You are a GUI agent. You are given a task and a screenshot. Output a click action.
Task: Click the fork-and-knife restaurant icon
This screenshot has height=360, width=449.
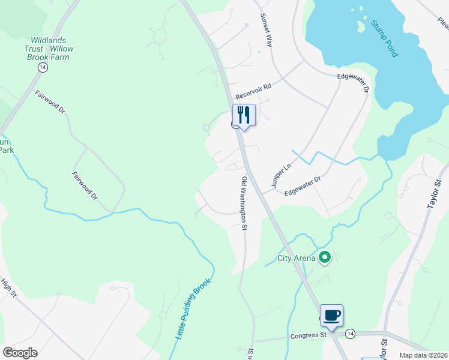(x=244, y=115)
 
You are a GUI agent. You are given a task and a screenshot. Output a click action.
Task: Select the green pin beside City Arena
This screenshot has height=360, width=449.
(x=325, y=258)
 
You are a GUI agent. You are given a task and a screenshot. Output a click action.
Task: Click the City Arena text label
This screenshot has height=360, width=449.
(x=296, y=259)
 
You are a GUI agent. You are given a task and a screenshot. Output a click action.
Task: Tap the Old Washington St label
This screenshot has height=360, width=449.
(x=244, y=203)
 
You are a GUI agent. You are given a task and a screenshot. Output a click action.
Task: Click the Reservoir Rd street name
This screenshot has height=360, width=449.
(x=253, y=91)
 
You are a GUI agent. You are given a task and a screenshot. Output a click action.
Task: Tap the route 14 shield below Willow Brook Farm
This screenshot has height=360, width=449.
(x=42, y=68)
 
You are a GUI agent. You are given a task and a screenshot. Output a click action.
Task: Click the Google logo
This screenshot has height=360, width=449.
(x=20, y=353)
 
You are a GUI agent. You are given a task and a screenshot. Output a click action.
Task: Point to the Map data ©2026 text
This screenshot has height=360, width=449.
(x=424, y=355)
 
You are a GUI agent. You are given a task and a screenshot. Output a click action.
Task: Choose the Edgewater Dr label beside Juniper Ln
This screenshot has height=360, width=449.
(x=303, y=185)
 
